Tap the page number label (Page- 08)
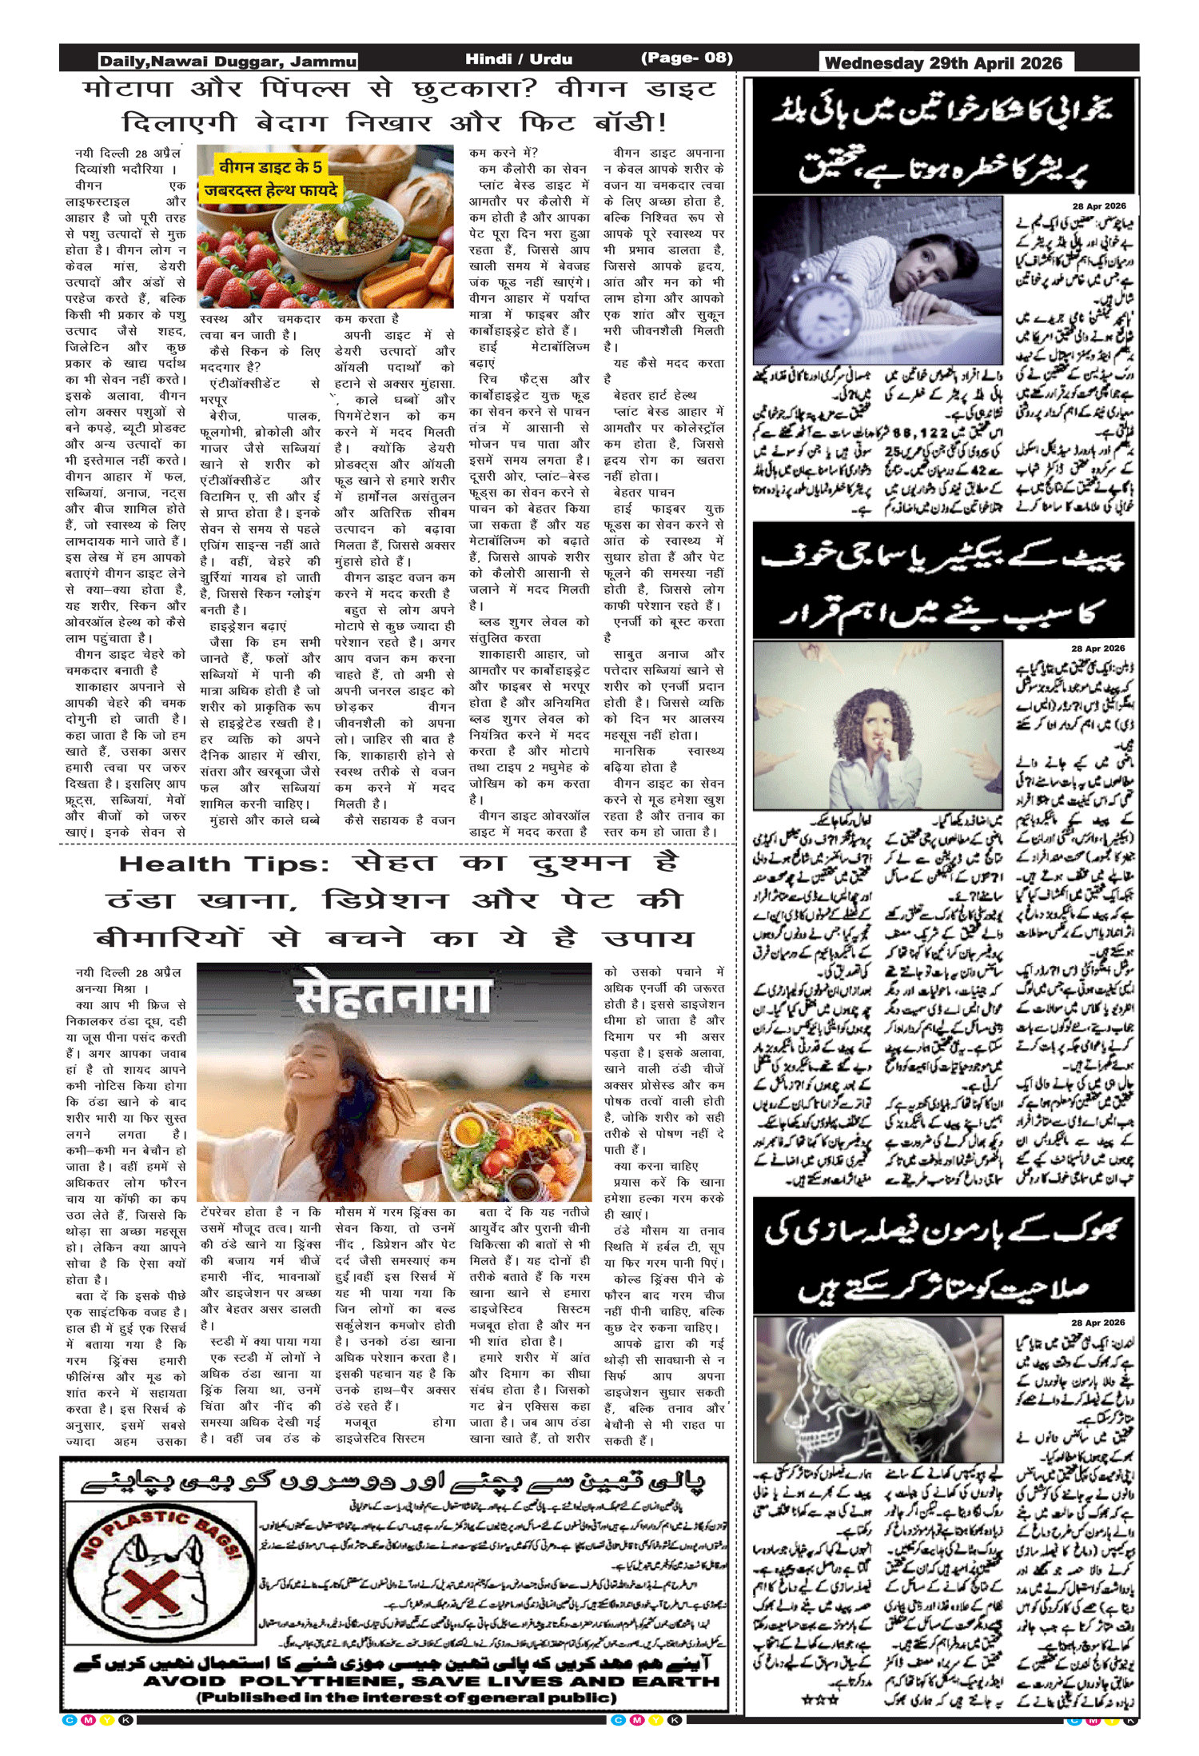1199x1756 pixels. (x=686, y=58)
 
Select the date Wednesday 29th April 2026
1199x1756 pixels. (x=943, y=63)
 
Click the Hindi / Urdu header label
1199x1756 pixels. (x=519, y=58)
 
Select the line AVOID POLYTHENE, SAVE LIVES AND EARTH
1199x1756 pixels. (x=432, y=1682)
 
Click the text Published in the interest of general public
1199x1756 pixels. (x=407, y=1697)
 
